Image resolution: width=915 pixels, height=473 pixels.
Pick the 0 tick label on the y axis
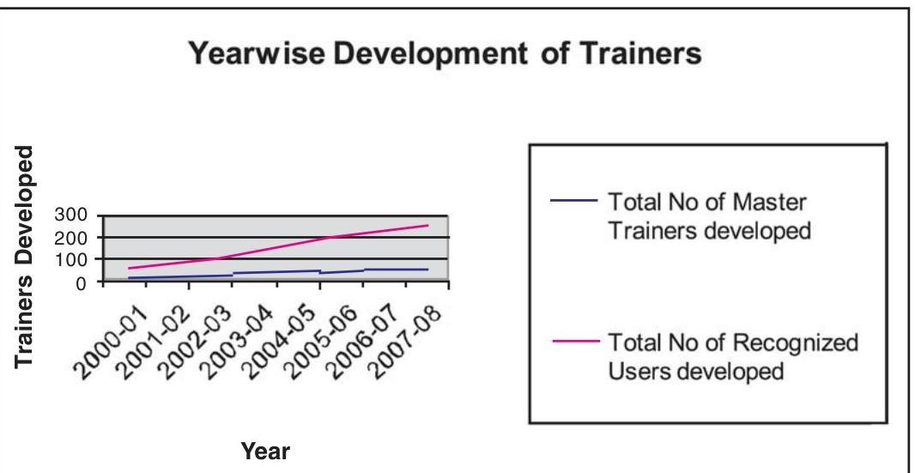[x=80, y=282]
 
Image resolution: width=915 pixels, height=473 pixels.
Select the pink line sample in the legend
[x=573, y=342]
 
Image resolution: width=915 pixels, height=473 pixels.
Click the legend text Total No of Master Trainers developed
[x=708, y=217]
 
